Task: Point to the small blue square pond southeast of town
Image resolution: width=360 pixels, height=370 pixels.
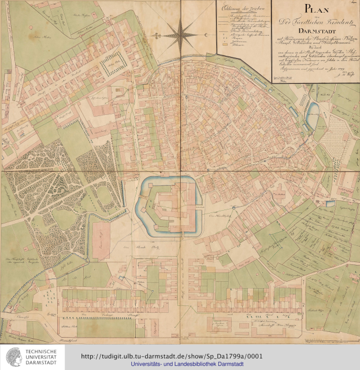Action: click(330, 203)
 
